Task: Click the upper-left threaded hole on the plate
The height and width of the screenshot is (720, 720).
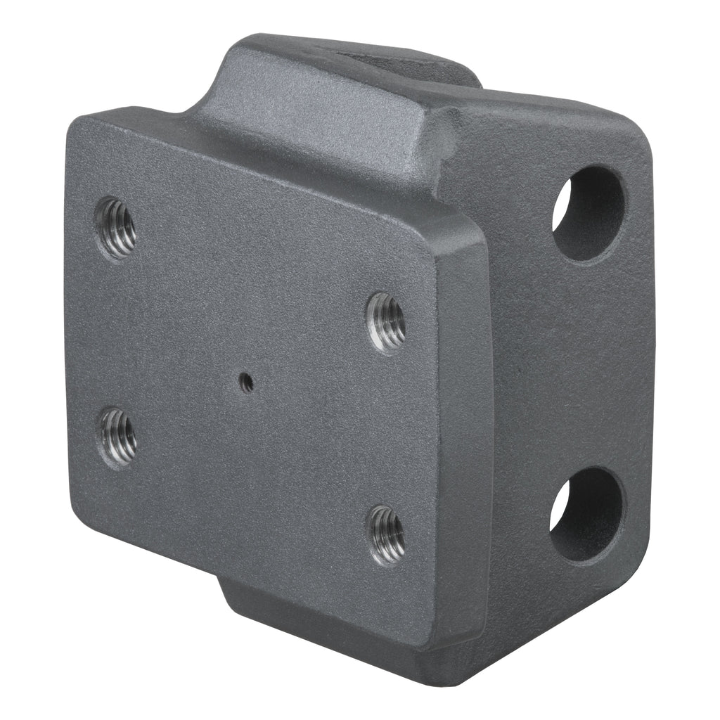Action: click(116, 227)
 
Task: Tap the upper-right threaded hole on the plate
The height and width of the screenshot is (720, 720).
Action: click(387, 322)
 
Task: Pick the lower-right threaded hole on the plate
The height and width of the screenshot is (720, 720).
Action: click(387, 534)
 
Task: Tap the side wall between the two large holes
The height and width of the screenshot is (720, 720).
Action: click(584, 366)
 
